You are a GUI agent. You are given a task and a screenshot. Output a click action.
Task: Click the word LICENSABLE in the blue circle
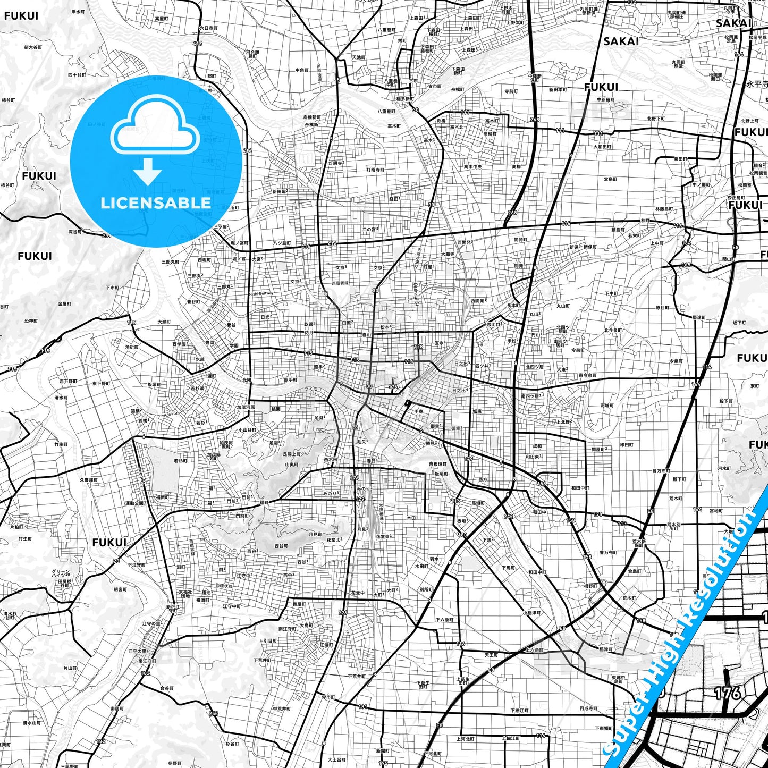coord(155,202)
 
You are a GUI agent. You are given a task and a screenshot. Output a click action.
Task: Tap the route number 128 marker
coord(418,347)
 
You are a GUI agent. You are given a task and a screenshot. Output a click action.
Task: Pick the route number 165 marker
coord(686,264)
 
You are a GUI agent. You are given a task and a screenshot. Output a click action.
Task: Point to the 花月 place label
coord(309,333)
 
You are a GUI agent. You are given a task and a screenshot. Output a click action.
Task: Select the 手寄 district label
coord(419,411)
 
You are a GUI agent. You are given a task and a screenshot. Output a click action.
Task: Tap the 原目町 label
coord(662,307)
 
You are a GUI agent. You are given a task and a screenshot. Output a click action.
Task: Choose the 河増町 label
coord(607,406)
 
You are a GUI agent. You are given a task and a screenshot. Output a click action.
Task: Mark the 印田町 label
coord(627,445)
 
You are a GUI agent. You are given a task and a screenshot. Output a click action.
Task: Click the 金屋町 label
coord(64,304)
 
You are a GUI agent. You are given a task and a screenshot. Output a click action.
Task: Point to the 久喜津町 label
coord(89,479)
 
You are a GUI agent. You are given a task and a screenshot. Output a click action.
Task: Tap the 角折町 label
coord(131,347)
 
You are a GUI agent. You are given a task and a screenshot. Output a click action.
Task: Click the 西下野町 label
coord(68,381)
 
